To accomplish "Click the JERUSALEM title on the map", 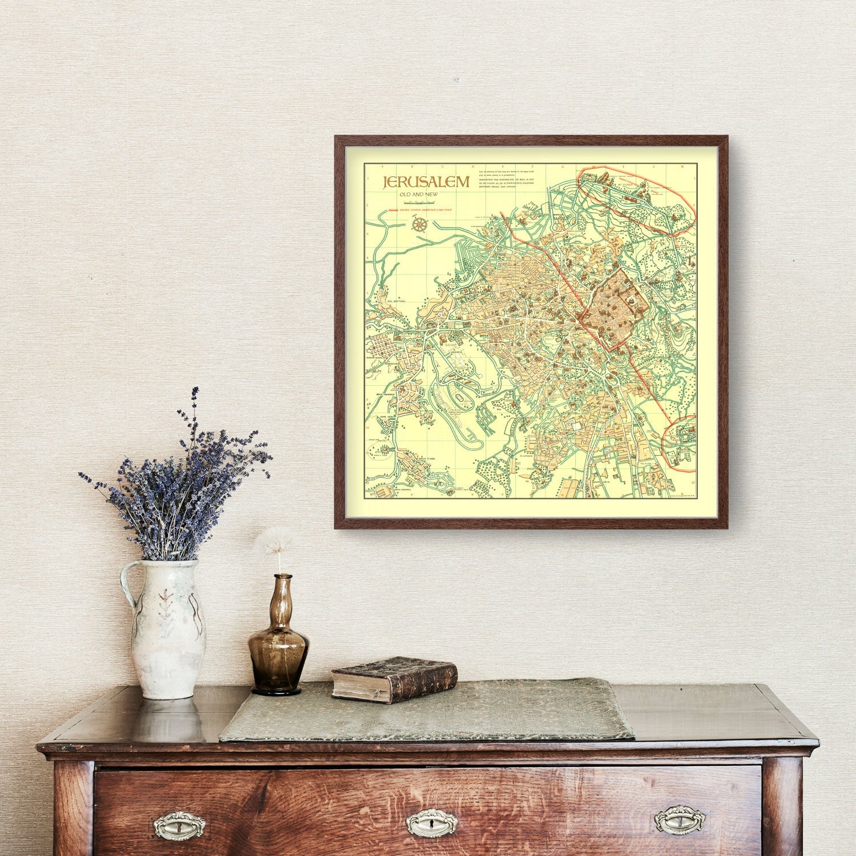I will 426,181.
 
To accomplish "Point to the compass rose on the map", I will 419,224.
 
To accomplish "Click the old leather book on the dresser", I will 394,679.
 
